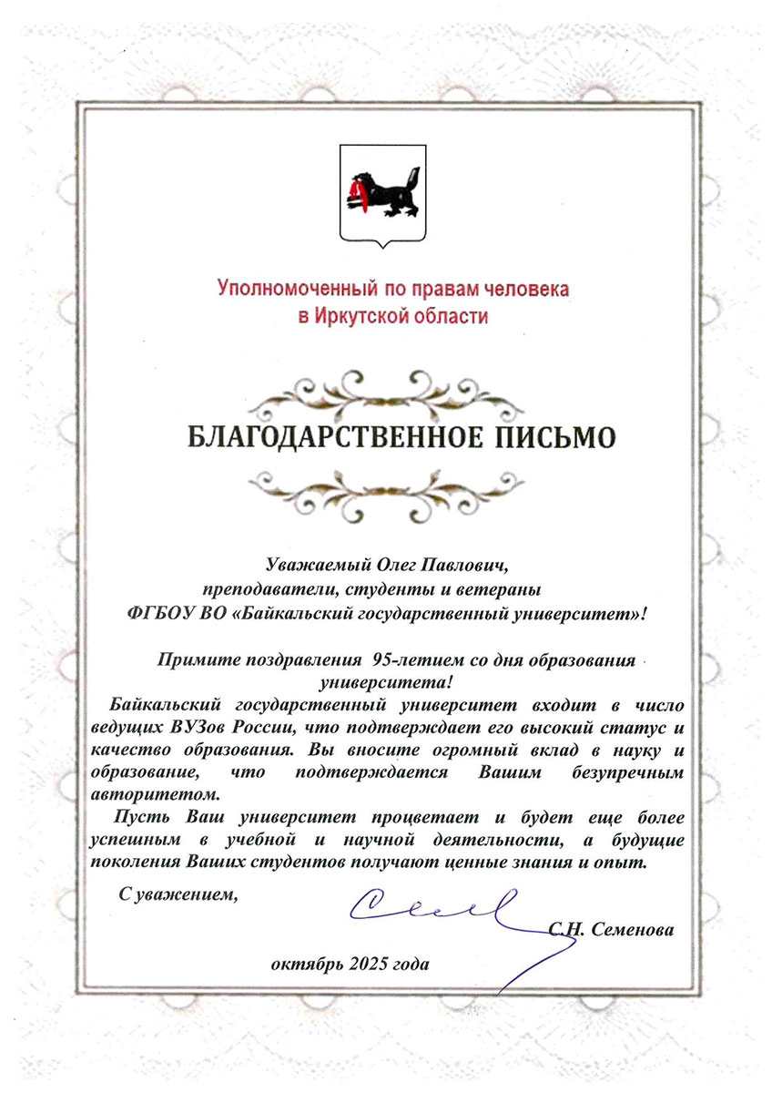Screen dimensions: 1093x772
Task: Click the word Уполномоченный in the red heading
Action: coord(286,291)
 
